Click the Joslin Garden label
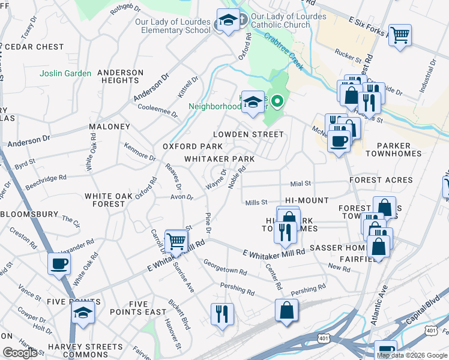(65, 73)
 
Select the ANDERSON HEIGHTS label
(121, 76)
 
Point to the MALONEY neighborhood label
(109, 127)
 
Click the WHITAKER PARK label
(219, 159)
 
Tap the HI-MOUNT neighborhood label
(307, 200)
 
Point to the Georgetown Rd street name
(224, 267)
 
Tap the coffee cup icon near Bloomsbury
(59, 263)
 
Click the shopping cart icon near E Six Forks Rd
(399, 35)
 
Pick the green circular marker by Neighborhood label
(277, 102)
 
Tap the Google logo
(20, 353)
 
